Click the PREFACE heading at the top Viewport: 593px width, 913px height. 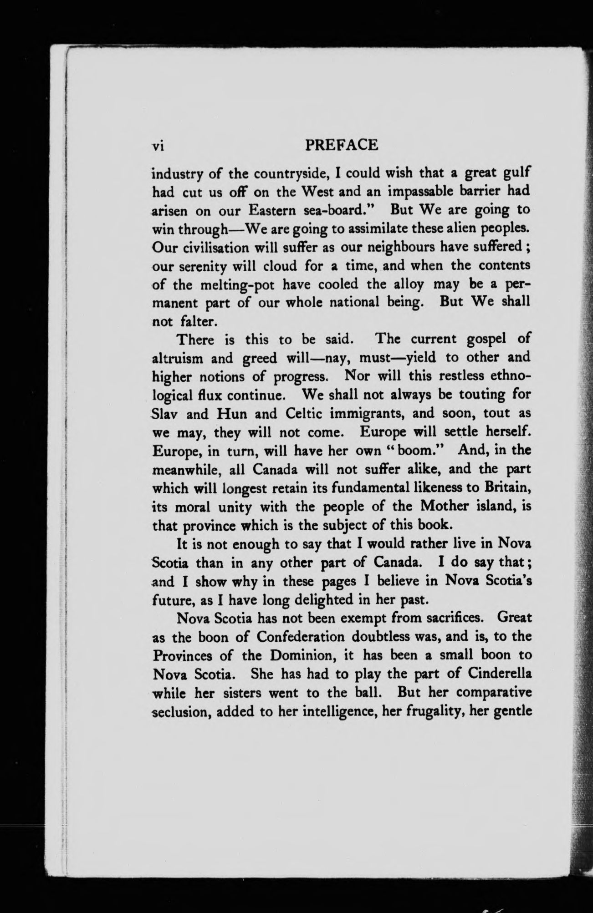[x=342, y=145]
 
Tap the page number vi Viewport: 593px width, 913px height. [x=158, y=146]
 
